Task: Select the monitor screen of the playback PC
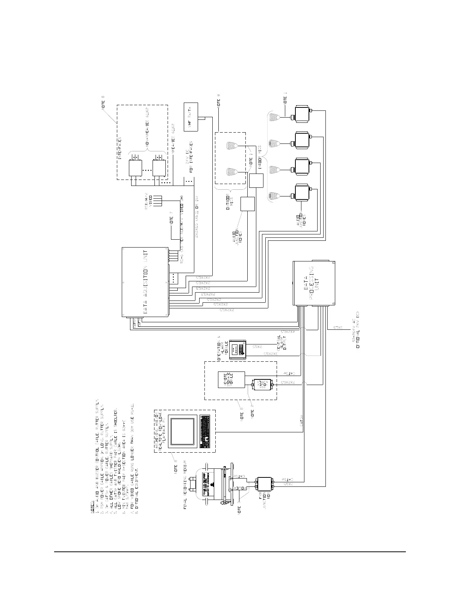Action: [x=183, y=432]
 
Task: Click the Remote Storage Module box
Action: [x=232, y=380]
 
